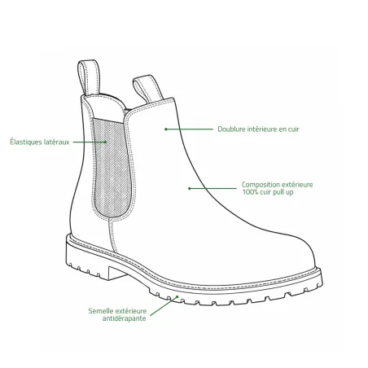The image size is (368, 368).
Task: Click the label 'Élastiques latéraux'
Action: click(x=40, y=142)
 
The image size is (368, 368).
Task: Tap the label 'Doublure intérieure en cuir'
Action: click(x=258, y=129)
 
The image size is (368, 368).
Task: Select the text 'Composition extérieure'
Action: click(x=277, y=185)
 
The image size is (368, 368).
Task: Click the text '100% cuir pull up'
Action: click(x=268, y=192)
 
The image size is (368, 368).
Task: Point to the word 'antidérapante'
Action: click(x=124, y=318)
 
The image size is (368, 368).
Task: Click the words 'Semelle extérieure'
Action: click(x=117, y=311)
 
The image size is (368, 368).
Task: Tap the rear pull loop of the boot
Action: click(x=89, y=77)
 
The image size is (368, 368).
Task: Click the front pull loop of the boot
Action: click(x=147, y=89)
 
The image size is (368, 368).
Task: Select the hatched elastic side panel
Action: click(x=112, y=168)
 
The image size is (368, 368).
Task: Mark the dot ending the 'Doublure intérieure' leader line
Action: click(x=166, y=129)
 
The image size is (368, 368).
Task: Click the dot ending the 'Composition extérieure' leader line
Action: click(x=190, y=188)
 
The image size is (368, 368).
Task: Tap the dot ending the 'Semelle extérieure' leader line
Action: click(x=177, y=296)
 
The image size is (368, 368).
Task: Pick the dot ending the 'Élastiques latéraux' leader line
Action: click(x=105, y=142)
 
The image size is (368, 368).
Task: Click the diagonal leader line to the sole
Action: click(x=164, y=306)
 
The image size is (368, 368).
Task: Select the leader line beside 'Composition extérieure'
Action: click(x=212, y=188)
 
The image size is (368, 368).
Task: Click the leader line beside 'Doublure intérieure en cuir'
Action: click(x=189, y=129)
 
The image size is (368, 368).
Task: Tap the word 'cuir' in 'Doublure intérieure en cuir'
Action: click(x=293, y=129)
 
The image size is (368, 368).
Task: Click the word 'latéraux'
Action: click(x=57, y=142)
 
